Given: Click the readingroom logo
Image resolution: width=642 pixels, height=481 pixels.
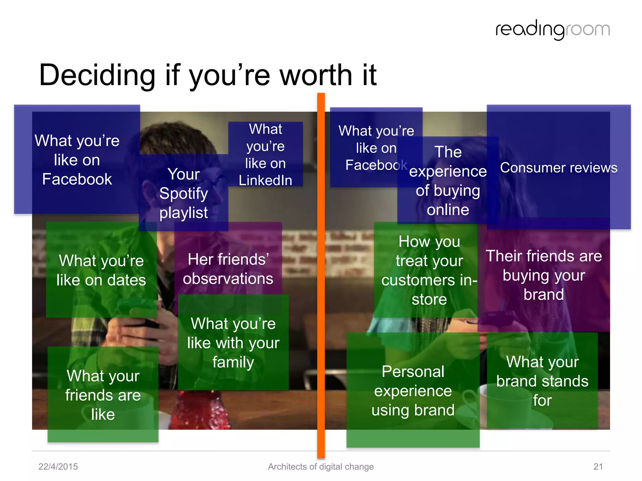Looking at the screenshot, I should click(x=552, y=30).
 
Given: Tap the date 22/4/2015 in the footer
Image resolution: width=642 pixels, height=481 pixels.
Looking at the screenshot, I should click(x=58, y=467).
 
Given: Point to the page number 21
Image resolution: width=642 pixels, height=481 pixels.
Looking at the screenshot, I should click(x=598, y=467).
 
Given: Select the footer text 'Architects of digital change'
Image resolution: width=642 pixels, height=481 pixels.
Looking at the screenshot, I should click(x=321, y=467).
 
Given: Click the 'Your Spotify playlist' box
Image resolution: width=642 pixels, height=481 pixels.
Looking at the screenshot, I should click(x=183, y=193).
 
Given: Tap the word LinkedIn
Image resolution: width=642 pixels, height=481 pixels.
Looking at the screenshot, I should click(x=265, y=180).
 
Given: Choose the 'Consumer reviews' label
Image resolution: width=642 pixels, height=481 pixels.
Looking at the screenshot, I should click(x=559, y=168).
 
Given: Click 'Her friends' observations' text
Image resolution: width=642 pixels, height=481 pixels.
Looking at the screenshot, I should click(x=228, y=269).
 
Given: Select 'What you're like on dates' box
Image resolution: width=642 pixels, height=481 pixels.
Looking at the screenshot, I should click(x=101, y=270).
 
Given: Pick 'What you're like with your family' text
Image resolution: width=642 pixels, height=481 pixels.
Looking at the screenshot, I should click(x=233, y=343).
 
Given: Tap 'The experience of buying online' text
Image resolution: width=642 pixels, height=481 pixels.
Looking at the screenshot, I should click(x=448, y=181).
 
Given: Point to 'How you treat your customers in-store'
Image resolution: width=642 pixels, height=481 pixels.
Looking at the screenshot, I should click(x=429, y=270).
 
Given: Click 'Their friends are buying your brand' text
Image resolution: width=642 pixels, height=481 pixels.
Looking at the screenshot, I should click(x=544, y=275).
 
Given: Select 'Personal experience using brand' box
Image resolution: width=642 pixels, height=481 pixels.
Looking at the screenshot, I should click(x=413, y=390).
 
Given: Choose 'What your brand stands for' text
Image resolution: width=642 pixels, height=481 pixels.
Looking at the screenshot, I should click(x=542, y=381).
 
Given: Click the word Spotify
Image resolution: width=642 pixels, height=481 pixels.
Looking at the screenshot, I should click(x=183, y=194).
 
